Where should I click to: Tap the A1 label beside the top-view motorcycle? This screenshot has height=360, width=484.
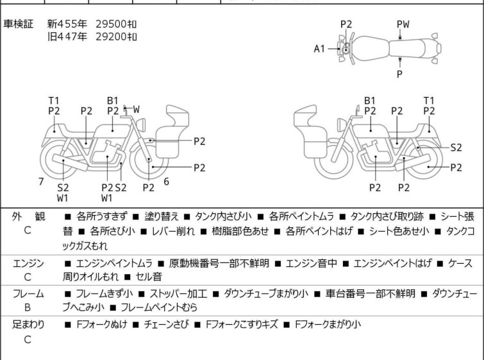coord(319,49)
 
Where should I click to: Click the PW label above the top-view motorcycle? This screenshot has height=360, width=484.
coord(403,24)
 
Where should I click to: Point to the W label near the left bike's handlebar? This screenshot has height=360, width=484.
coord(136,110)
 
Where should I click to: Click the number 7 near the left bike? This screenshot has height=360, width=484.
coord(41,182)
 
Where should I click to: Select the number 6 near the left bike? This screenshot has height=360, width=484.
coord(167,182)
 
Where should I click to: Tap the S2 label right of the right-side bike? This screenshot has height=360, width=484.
coord(456,147)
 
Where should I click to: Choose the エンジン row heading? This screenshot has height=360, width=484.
coord(28,264)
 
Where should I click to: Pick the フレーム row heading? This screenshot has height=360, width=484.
coord(28,293)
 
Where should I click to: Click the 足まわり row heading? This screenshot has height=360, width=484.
coord(28,324)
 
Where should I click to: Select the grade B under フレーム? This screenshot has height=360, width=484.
coord(28,307)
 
